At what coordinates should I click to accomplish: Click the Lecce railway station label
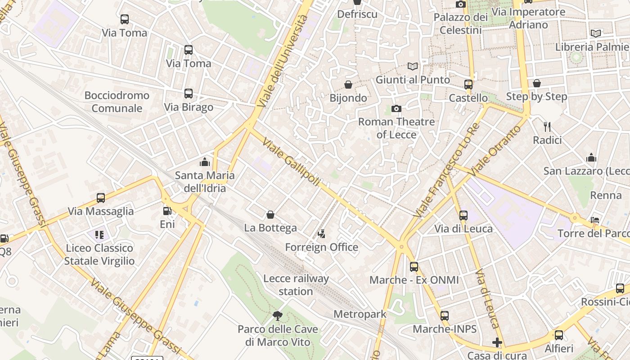tap(296, 285)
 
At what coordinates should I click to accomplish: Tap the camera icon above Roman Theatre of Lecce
tap(396, 108)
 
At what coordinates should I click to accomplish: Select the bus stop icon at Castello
tap(468, 84)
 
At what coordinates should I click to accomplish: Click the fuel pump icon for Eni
tap(167, 210)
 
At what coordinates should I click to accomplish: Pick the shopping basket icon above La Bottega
tap(270, 215)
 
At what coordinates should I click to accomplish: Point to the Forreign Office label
tap(322, 247)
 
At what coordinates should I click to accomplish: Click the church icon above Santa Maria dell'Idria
tap(205, 162)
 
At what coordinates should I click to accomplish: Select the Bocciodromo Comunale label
tap(117, 102)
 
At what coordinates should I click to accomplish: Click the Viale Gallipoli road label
tap(292, 162)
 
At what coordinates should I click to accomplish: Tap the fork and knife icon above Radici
tap(547, 126)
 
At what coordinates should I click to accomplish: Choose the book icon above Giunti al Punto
tap(413, 66)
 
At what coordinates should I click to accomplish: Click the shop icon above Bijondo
tap(348, 84)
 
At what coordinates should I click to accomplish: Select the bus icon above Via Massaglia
tap(101, 198)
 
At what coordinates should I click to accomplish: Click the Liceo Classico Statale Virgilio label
tap(99, 254)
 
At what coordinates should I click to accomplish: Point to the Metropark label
tap(360, 314)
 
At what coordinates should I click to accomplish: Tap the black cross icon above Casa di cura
tap(497, 342)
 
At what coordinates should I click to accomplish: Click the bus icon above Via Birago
tap(189, 94)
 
